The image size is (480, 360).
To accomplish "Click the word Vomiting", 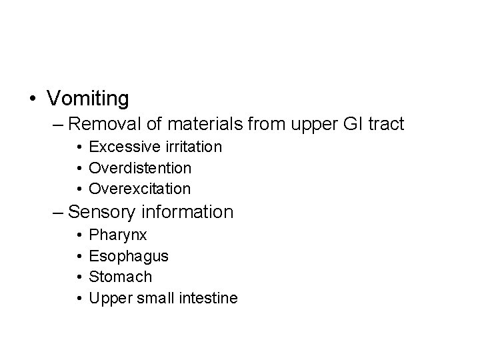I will click(x=88, y=99).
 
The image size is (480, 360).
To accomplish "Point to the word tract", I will click(x=385, y=124).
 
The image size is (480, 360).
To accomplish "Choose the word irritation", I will click(x=189, y=146).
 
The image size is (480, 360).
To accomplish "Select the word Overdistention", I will click(x=140, y=167).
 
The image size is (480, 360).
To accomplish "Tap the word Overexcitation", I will click(x=140, y=189).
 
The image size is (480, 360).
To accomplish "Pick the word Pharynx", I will click(x=118, y=235).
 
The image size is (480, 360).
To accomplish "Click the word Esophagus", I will click(x=129, y=255).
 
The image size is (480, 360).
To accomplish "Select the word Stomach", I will click(x=120, y=276).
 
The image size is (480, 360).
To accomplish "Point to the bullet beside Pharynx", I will click(x=79, y=235).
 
